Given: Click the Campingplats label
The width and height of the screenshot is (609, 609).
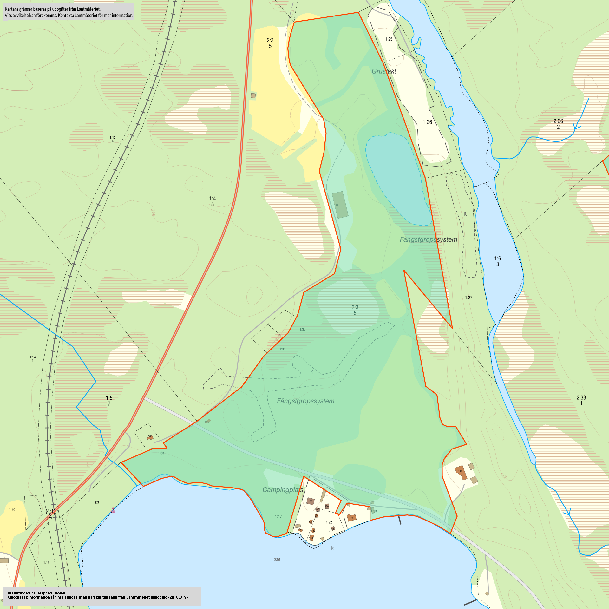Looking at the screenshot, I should pos(283,490).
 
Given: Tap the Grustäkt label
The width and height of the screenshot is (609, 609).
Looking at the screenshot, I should pos(384,71).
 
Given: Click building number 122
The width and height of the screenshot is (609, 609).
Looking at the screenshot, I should pos(310,501).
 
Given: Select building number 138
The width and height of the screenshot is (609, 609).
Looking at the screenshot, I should pos(351,518).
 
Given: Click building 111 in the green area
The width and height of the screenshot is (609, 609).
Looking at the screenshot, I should pos(340,205).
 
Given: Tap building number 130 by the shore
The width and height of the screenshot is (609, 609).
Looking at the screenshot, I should pos(311,538).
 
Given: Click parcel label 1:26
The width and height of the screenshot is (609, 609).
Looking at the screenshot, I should pos(427,122).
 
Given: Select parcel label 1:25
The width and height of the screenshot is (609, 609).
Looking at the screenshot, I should pos(389,39).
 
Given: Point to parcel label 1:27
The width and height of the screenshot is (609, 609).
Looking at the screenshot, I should pos(468,298).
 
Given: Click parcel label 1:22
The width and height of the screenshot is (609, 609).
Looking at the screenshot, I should pos(329,522).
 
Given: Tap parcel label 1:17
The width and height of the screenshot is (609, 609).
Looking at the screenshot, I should pos(278,516).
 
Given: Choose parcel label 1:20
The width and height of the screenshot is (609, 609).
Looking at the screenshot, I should pos(12,510).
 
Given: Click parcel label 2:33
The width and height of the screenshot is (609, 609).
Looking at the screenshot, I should pos(581,398).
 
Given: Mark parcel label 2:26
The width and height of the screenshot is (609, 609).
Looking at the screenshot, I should pos(558,121).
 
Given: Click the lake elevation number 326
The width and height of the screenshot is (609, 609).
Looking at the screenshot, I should pos(277,560).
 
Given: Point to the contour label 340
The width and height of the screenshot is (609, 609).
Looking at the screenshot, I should pos(154,212).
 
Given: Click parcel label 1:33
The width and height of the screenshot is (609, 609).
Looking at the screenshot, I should pos(161,453).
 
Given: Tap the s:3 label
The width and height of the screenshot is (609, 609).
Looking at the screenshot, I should pos(97,502).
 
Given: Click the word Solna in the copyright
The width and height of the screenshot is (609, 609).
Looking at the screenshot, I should pos(60,593).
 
